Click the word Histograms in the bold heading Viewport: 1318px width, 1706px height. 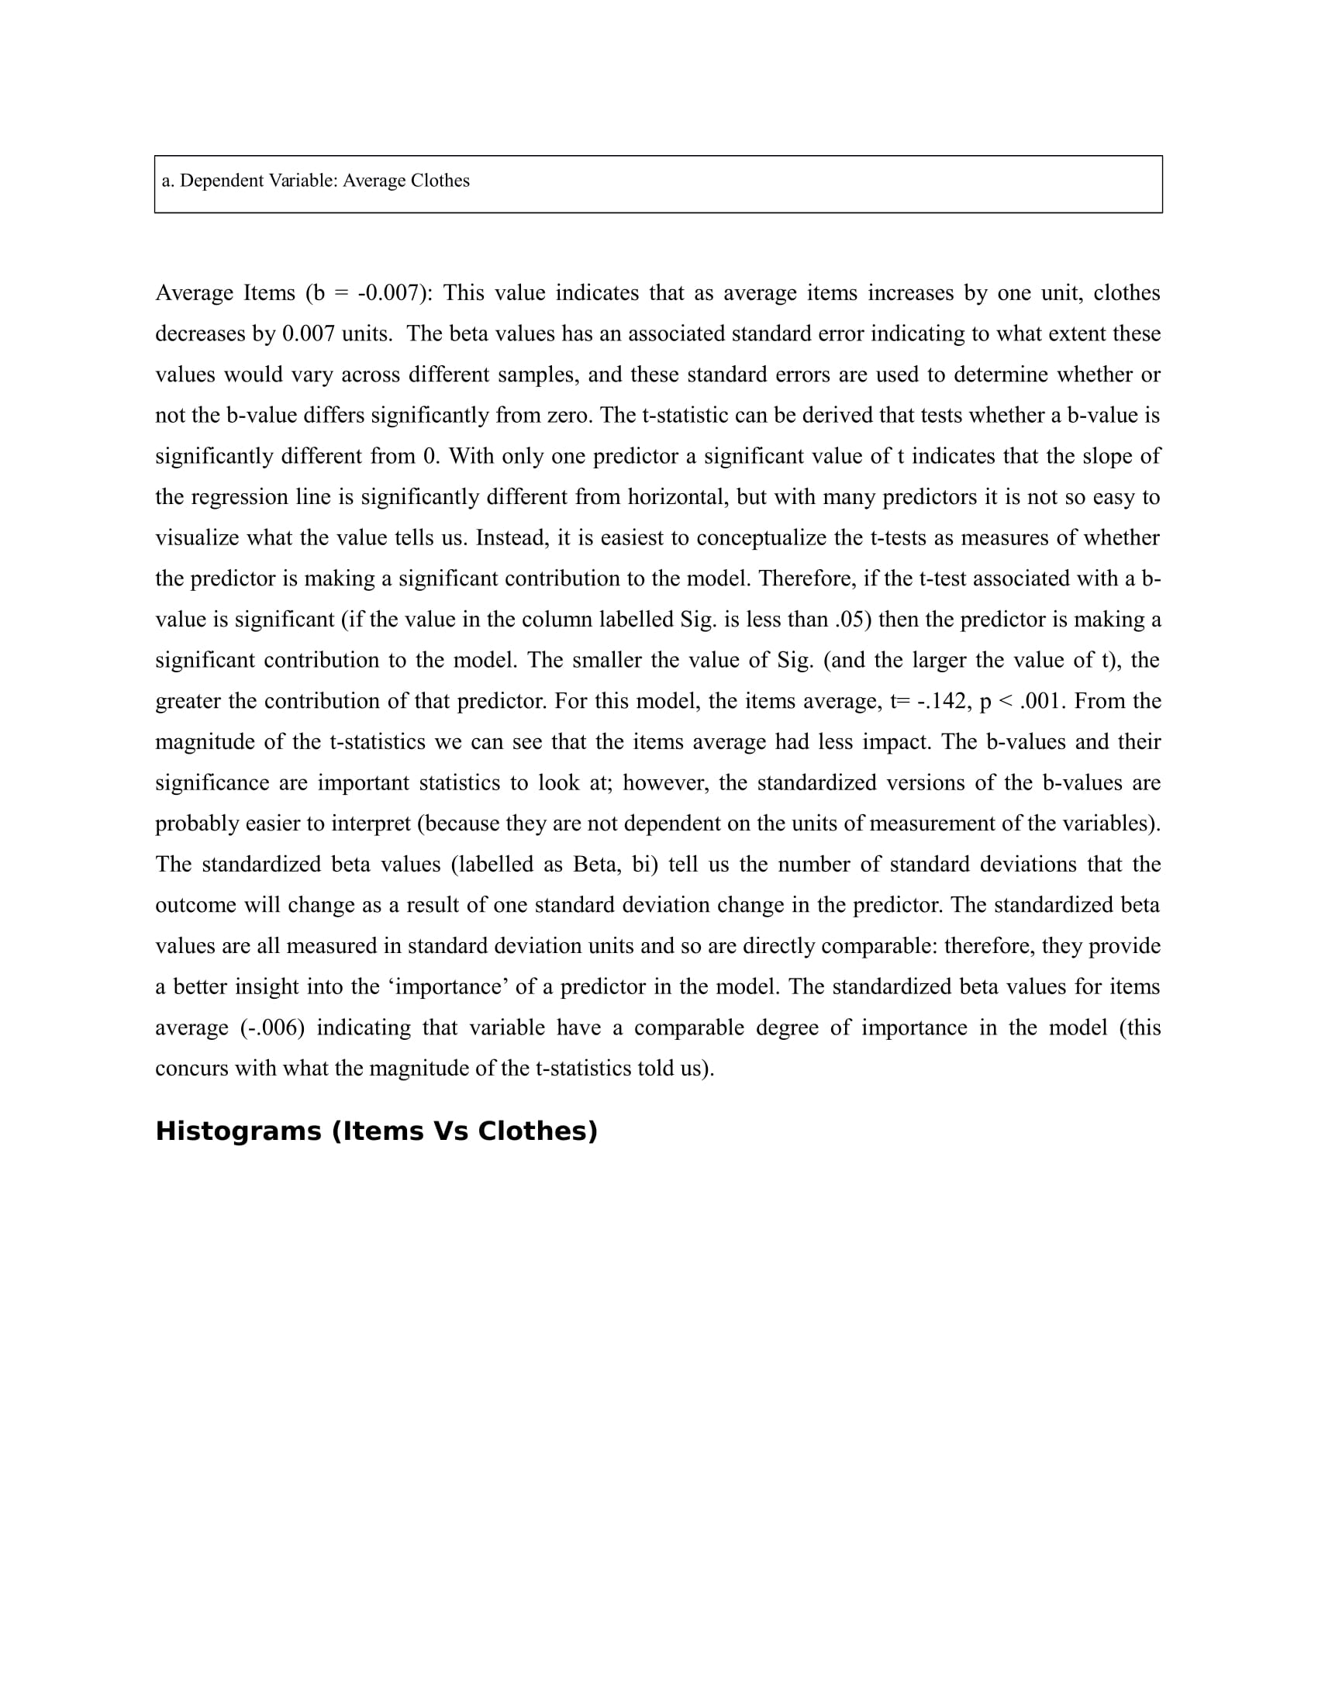pyautogui.click(x=238, y=1132)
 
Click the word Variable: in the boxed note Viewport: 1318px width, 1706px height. pyautogui.click(x=303, y=181)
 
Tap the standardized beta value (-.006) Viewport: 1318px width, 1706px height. pyautogui.click(x=272, y=1028)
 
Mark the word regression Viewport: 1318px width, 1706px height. pyautogui.click(x=236, y=498)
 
